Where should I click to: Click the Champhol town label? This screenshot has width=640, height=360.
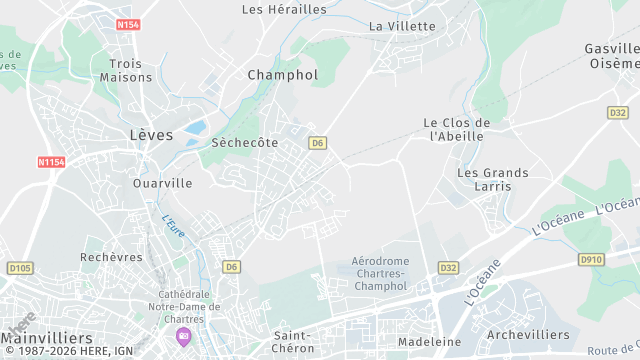[x=282, y=75]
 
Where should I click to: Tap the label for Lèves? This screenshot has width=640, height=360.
[x=151, y=134]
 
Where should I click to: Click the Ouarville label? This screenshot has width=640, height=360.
[x=162, y=184]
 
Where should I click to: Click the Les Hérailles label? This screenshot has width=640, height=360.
[x=285, y=9]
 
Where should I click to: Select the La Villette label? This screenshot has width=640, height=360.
[x=403, y=26]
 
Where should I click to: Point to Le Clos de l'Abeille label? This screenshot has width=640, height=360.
[x=456, y=129]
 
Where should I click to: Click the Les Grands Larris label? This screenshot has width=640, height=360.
[x=493, y=180]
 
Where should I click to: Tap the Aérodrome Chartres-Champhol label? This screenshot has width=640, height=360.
[x=380, y=273]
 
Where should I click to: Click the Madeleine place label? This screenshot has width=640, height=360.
[x=429, y=341]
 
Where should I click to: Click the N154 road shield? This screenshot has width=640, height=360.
[x=127, y=24]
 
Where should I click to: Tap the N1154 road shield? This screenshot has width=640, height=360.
[x=50, y=162]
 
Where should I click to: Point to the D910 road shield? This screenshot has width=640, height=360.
[x=591, y=259]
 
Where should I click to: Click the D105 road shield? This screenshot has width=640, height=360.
[x=19, y=268]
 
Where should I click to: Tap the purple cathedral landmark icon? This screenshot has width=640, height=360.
[x=182, y=334]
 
